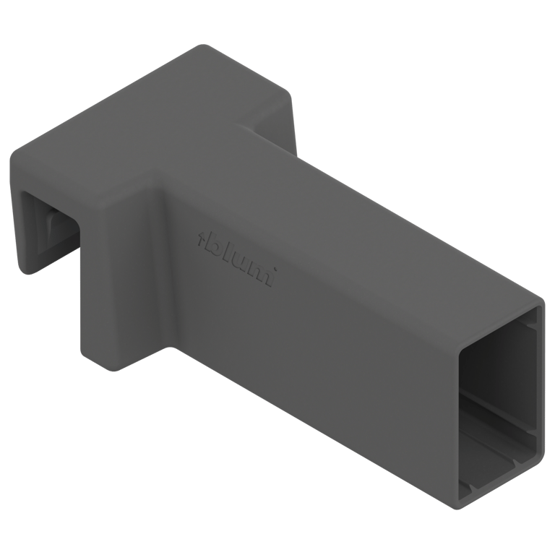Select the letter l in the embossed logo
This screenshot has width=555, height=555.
pyautogui.click(x=228, y=251)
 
